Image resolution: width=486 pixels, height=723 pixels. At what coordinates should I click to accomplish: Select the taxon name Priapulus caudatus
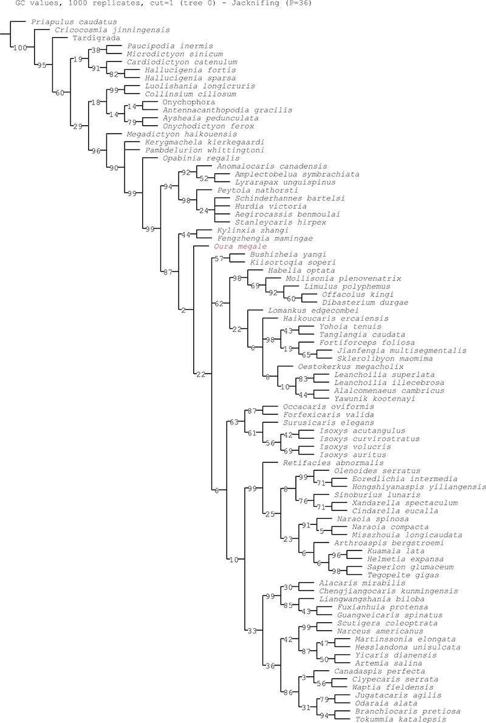click(x=63, y=21)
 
